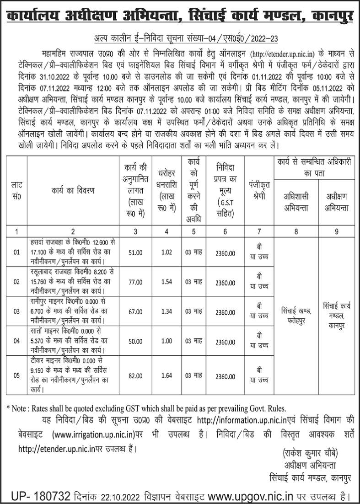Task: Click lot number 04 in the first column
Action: pos(16,342)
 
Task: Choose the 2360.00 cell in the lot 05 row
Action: pos(226,376)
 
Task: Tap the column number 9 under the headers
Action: pos(337,231)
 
